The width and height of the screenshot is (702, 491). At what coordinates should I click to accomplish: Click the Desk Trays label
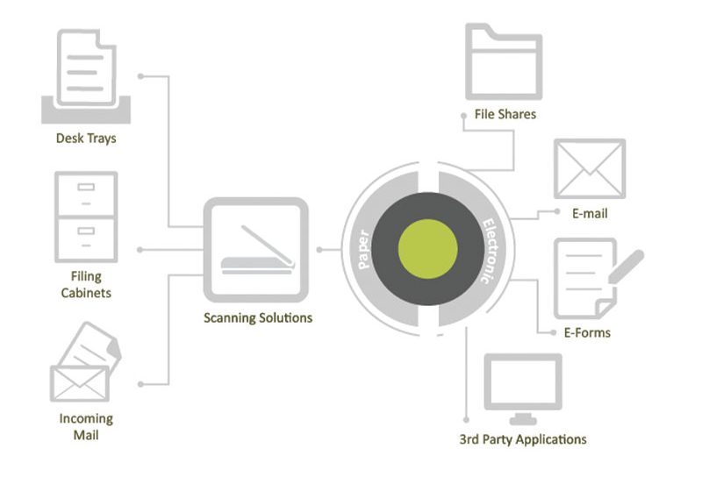86,138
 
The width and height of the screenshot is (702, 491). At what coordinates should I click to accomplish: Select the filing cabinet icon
85,216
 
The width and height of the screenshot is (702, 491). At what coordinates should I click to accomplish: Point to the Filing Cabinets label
86,284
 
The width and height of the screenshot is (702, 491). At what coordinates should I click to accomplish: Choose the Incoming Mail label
86,426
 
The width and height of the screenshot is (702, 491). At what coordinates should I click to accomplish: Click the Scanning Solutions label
255,317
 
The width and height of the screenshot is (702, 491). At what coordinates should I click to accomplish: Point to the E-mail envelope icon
589,168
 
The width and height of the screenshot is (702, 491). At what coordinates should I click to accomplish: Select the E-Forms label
586,332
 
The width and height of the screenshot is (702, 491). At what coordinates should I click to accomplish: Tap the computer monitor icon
522,386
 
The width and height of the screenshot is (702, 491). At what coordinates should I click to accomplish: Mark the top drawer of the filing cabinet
85,192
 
